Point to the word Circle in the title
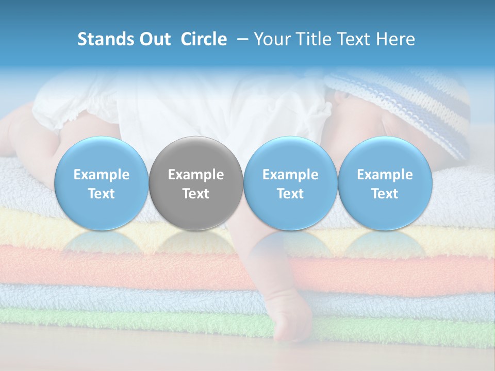click(x=204, y=39)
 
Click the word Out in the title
click(x=153, y=39)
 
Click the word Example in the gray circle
click(x=196, y=175)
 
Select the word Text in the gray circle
click(x=196, y=194)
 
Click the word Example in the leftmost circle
click(x=101, y=175)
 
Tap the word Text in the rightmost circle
click(x=385, y=194)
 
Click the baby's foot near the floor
click(x=291, y=325)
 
